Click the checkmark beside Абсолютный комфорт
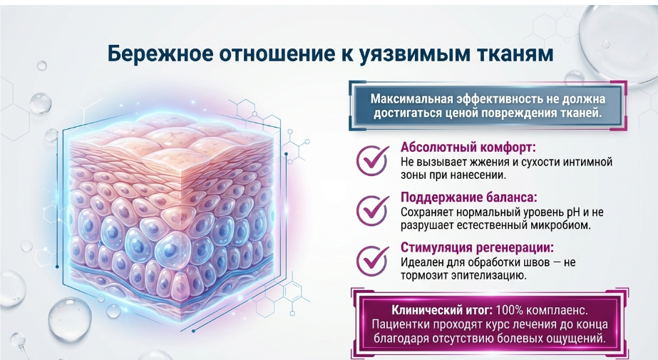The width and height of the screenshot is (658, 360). (373, 160)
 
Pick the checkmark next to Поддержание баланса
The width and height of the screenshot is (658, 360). (373, 210)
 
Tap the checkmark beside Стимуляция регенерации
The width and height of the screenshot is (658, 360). (373, 260)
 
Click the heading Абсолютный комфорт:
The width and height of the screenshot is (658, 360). (468, 148)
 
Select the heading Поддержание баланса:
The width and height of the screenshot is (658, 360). (469, 197)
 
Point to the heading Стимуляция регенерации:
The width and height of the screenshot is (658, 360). (477, 247)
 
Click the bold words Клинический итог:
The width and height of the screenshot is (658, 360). (442, 311)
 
